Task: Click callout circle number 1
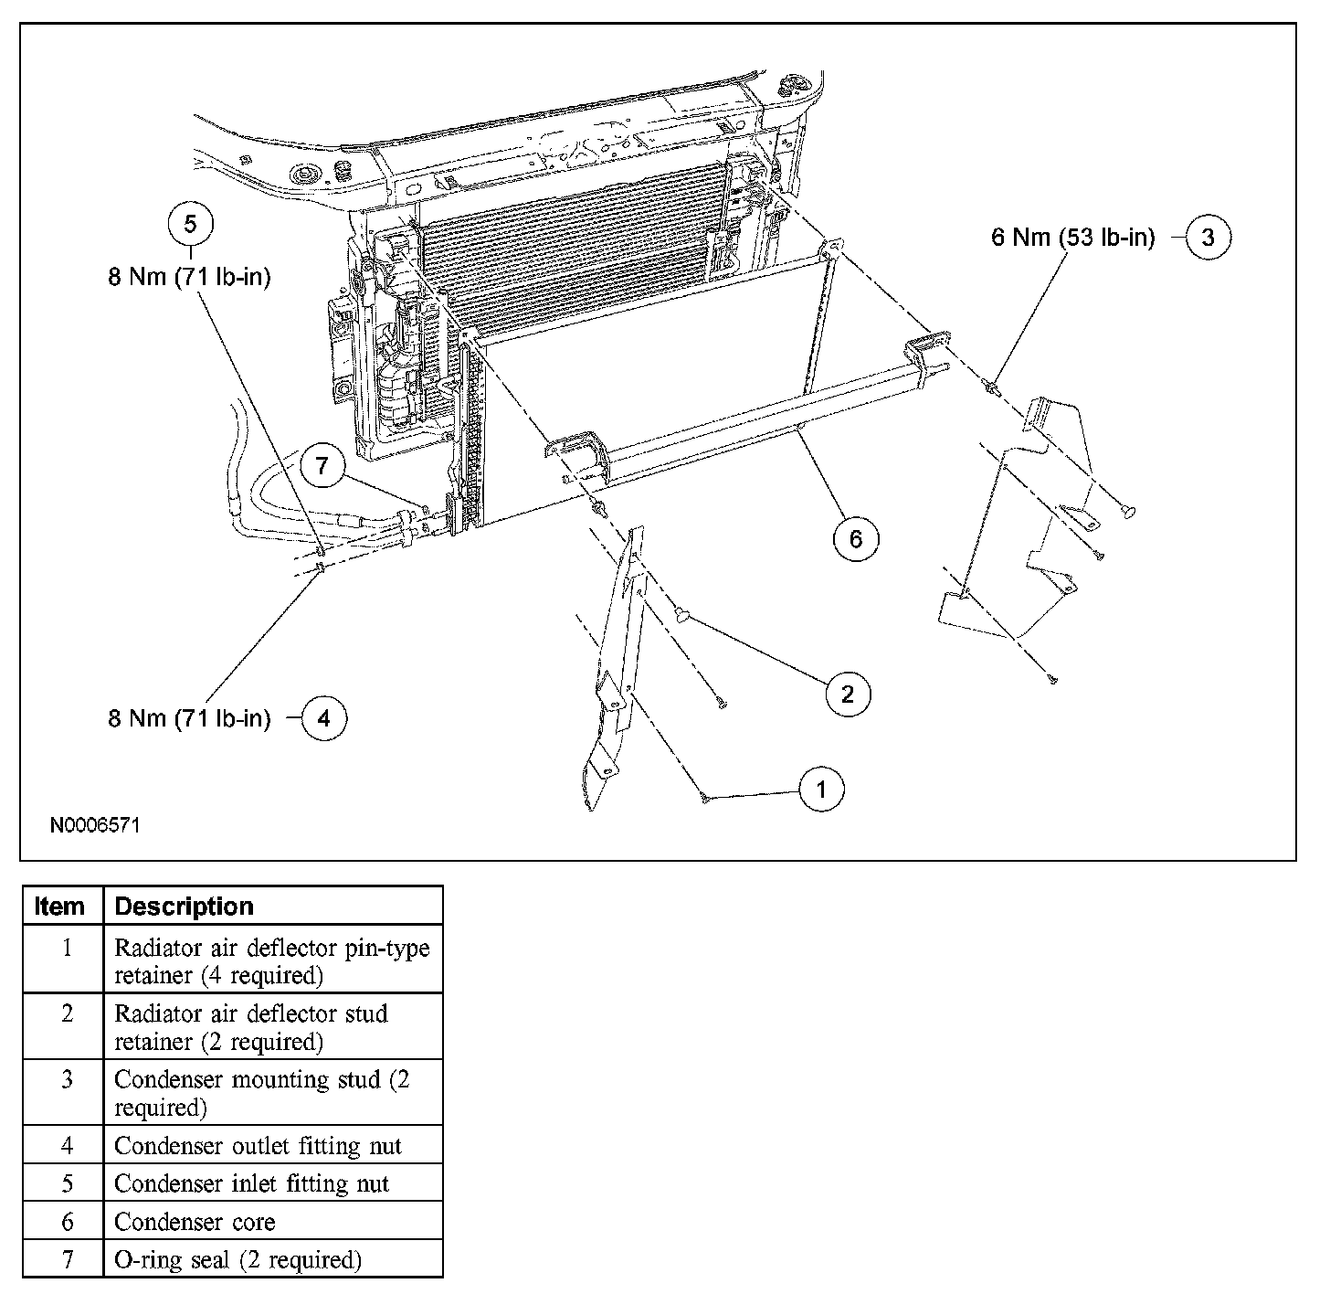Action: click(820, 789)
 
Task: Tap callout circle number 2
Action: click(847, 695)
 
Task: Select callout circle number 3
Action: click(1208, 238)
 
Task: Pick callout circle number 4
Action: click(324, 718)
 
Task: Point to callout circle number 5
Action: click(190, 224)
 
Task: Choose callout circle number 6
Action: click(855, 539)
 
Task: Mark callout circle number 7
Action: click(322, 467)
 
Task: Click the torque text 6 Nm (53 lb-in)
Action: click(1072, 239)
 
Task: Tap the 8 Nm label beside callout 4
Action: click(190, 718)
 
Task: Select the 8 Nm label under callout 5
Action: click(190, 277)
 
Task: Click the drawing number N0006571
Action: click(95, 825)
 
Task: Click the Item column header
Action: click(60, 907)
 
